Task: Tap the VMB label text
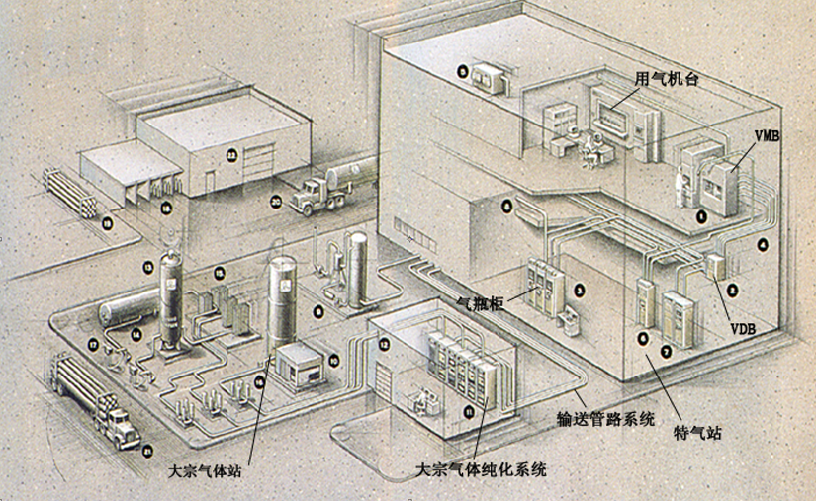pos(766,136)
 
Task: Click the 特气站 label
pos(699,432)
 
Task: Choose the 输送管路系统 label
pos(592,419)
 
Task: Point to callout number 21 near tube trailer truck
pos(147,451)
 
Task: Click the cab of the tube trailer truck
pos(120,427)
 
